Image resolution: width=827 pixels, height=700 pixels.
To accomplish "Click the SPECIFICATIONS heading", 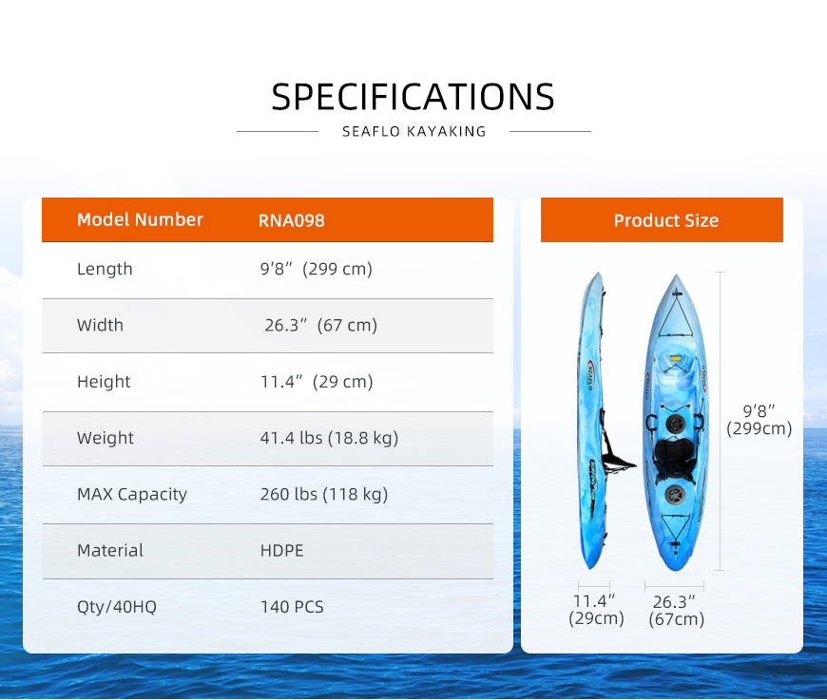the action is point(413,97).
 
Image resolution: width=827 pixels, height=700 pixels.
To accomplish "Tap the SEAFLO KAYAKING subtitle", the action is point(414,131).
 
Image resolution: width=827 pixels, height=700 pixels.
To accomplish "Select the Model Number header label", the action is point(140,219).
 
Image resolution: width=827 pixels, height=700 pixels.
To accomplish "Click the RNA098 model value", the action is point(291,220).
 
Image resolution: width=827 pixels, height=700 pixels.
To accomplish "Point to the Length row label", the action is point(105,269).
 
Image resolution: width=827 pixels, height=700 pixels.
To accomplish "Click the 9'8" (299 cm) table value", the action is point(316,269).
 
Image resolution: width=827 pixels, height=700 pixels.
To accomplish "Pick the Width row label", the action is point(100,325).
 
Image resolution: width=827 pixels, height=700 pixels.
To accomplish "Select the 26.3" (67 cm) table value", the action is point(320,325).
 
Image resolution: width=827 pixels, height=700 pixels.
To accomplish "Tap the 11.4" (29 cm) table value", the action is point(317,382).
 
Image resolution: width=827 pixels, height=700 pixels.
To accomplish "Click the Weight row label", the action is point(106,438).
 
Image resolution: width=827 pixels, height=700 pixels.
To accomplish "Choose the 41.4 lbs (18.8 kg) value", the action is point(329,438).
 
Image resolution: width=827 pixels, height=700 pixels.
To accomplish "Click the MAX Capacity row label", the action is point(132,495).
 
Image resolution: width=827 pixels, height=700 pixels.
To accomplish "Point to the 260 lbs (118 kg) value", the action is point(324,495).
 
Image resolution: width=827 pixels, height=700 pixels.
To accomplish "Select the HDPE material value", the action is point(281,551).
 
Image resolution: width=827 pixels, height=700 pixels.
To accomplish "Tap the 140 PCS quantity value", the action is point(292,607).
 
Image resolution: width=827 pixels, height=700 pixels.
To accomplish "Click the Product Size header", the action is point(666,220).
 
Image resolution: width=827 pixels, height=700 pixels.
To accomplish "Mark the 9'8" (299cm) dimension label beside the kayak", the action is point(759,420).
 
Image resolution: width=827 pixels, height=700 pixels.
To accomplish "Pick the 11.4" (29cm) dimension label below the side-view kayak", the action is point(596,610).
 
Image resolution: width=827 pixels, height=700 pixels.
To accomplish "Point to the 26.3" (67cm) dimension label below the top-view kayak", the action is point(676,611).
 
